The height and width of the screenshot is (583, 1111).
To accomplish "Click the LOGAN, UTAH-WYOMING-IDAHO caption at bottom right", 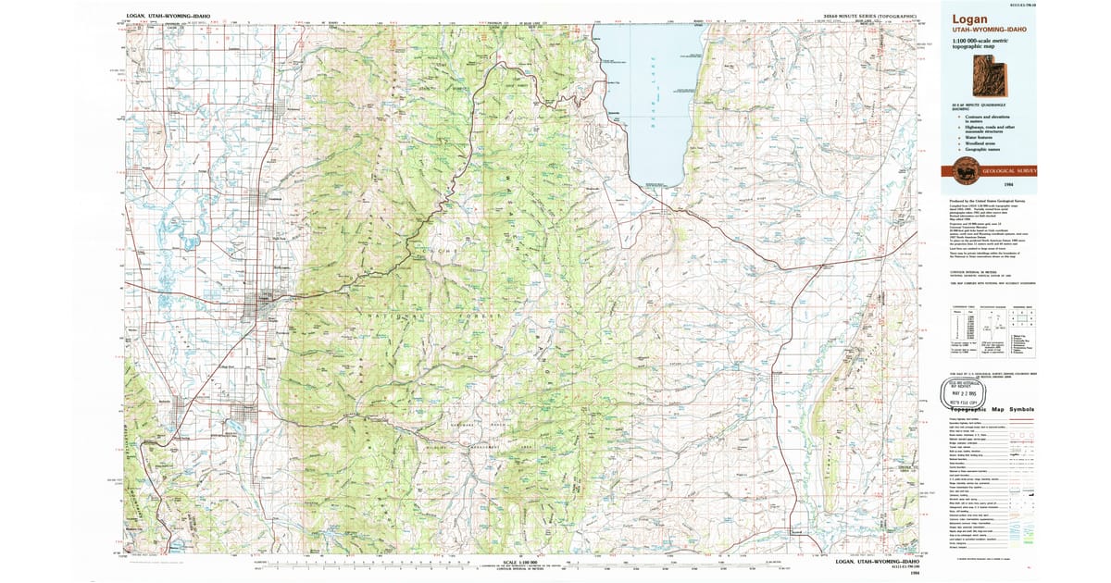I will coord(877,561).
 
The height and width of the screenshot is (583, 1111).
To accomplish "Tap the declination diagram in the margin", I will coord(991,326).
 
